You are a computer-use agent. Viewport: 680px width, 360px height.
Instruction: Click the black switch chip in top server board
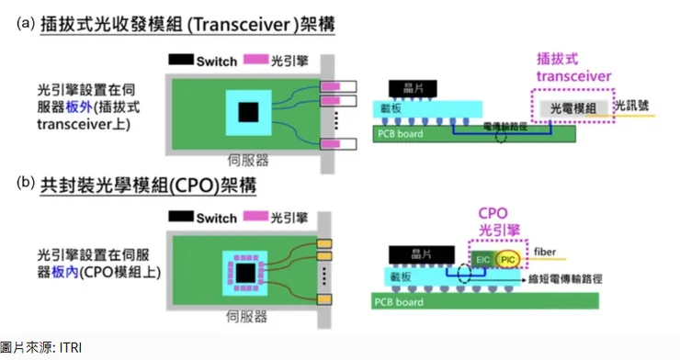point(246,113)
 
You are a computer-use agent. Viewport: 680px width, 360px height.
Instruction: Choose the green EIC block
point(482,260)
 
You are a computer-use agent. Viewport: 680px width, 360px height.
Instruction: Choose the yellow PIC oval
point(508,260)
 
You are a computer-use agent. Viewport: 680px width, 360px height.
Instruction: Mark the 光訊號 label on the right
point(633,106)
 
